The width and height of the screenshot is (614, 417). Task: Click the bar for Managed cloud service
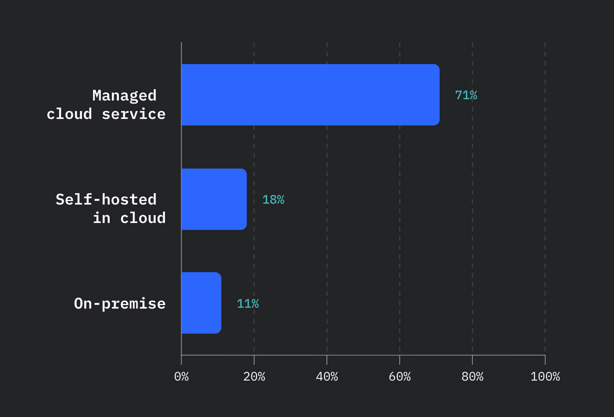[x=310, y=95]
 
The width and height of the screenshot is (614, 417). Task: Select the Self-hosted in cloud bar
[x=214, y=199]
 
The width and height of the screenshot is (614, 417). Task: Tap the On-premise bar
[x=201, y=303]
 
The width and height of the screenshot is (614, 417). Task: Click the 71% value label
[x=466, y=95]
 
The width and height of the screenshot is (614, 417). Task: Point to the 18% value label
[x=273, y=200]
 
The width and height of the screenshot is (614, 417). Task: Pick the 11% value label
[x=248, y=304]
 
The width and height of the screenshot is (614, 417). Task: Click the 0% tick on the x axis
[x=182, y=377]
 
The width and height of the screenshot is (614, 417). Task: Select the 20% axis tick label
[x=254, y=377]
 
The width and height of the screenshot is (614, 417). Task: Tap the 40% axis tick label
[x=327, y=377]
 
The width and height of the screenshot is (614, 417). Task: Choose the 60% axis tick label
[x=400, y=377]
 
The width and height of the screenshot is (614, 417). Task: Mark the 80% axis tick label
[x=472, y=377]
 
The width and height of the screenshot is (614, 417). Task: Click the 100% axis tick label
[x=545, y=377]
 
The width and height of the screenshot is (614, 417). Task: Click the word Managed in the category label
[x=125, y=96]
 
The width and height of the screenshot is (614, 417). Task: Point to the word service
[x=134, y=114]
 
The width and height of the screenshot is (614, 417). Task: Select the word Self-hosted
[x=106, y=200]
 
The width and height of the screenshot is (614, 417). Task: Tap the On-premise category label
[x=120, y=304]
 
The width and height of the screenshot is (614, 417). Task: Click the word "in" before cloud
[x=101, y=218]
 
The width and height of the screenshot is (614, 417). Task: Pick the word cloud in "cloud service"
[x=69, y=114]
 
